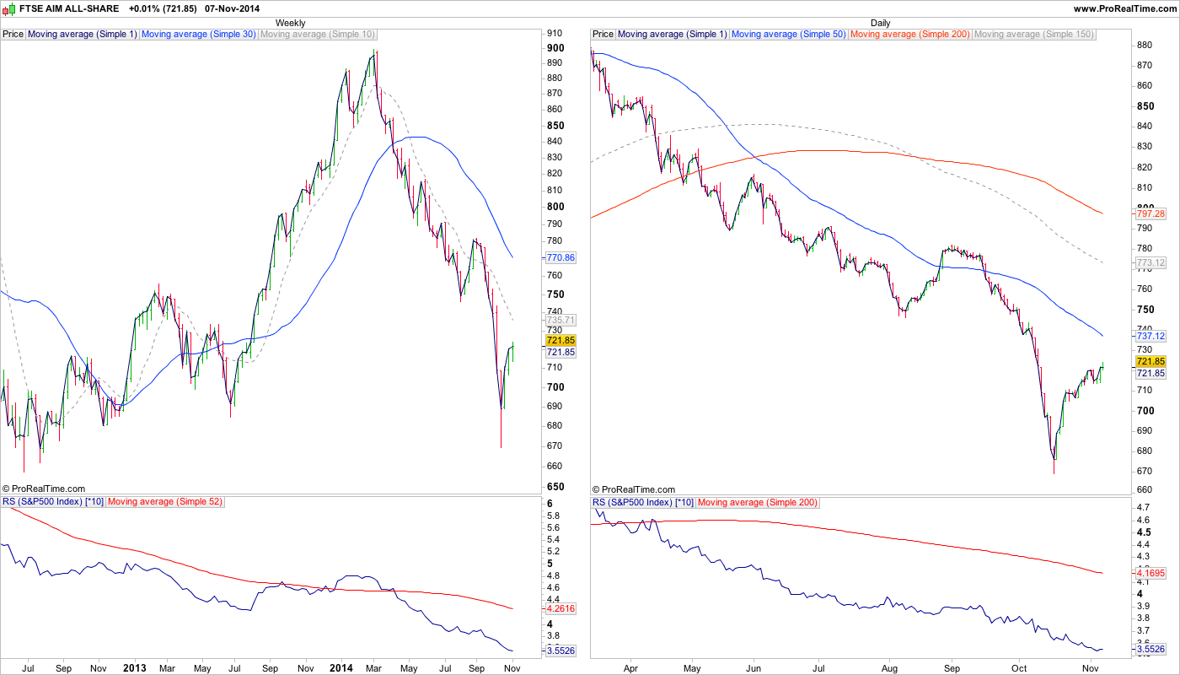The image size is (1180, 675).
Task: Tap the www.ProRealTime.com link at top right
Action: [x=1124, y=8]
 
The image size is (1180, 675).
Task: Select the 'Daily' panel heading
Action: [x=880, y=23]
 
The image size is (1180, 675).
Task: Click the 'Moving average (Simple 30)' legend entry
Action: [x=199, y=35]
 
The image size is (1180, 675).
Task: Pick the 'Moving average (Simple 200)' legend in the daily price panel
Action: [x=909, y=35]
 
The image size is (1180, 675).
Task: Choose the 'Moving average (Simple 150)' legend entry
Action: [x=1034, y=35]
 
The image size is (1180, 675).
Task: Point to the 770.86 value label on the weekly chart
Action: [x=560, y=257]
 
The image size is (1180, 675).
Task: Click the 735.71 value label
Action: [x=560, y=321]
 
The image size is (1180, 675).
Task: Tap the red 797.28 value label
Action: [x=1150, y=213]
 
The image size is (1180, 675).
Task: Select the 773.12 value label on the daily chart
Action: [x=1150, y=263]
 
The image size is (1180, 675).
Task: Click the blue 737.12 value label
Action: [x=1150, y=336]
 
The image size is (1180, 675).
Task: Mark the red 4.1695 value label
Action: [x=1150, y=573]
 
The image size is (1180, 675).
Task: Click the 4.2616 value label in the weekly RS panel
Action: [x=560, y=608]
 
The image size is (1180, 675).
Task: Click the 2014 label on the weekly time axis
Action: [x=341, y=667]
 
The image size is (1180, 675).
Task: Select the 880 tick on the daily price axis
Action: [x=1144, y=46]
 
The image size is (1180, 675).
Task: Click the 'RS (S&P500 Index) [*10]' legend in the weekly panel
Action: [x=53, y=502]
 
